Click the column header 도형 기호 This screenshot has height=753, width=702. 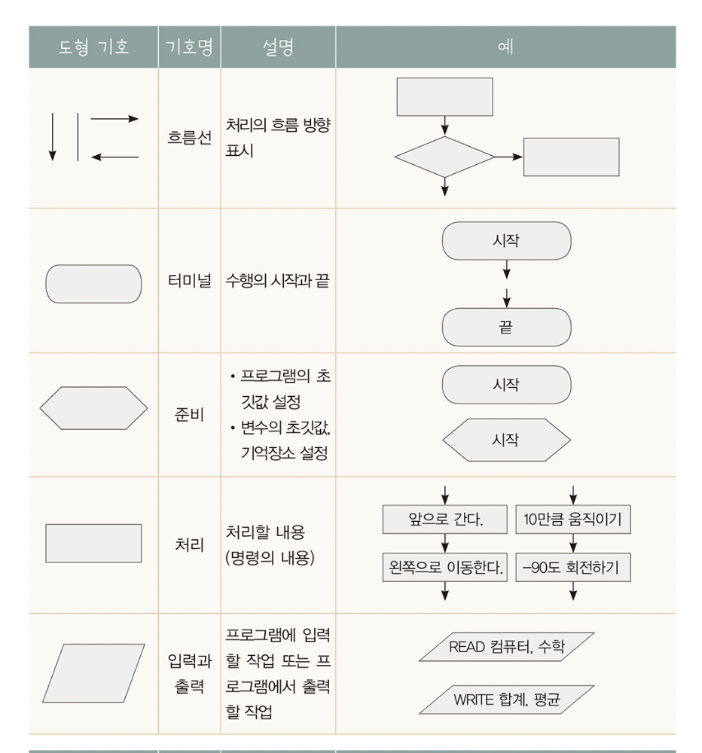point(93,47)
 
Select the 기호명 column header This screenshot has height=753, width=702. point(189,47)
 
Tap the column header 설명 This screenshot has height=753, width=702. point(277,47)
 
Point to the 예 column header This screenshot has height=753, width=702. point(505,47)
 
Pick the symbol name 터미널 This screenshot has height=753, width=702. point(189,284)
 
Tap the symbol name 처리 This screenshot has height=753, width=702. point(189,543)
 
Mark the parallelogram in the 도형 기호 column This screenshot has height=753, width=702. point(93,673)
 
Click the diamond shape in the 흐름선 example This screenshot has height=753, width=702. point(444,157)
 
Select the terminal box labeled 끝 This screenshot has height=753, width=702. point(505,328)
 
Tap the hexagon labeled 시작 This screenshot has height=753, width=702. point(505,440)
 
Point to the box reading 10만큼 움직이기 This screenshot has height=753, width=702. point(573,519)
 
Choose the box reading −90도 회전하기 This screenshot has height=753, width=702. point(573,567)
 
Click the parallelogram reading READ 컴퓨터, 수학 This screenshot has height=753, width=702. point(506,647)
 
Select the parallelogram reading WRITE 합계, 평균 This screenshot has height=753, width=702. point(506,700)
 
